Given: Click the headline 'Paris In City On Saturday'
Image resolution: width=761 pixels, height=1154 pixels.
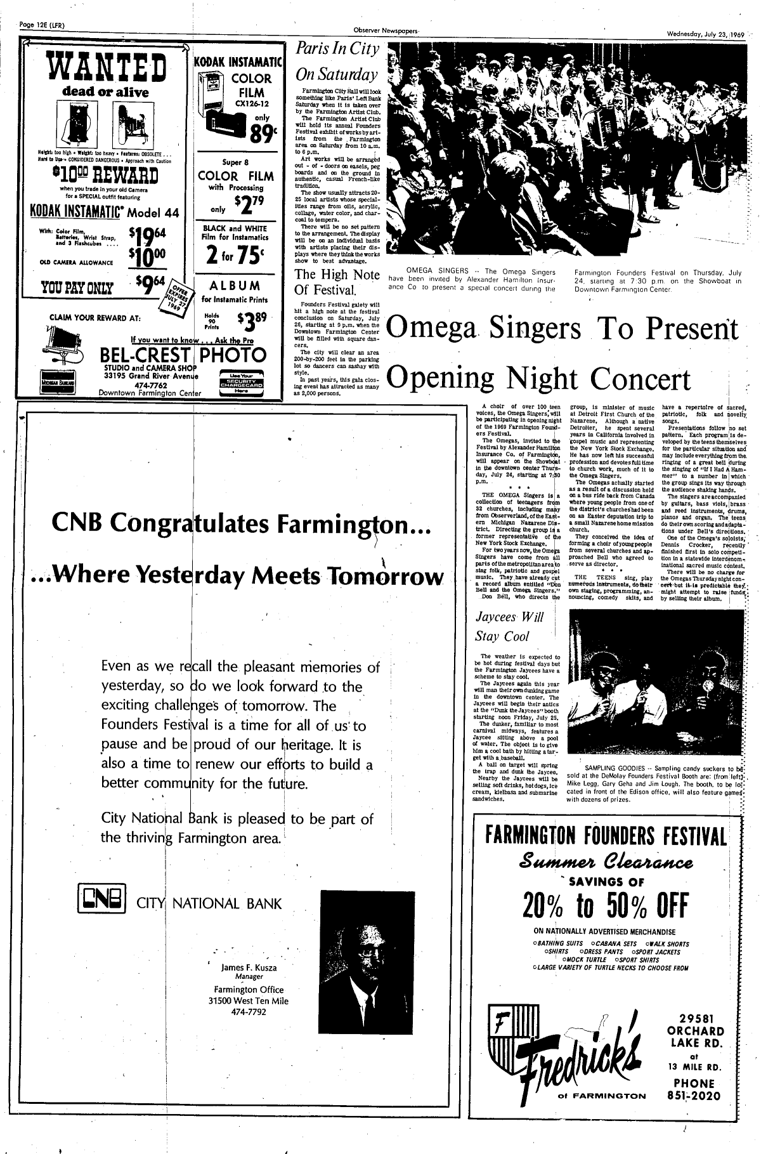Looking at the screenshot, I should tap(337, 62).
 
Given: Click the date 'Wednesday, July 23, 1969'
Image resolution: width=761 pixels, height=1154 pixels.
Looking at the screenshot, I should tap(705, 34).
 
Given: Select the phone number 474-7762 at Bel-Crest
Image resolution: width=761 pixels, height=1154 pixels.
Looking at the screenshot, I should tap(149, 384).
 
